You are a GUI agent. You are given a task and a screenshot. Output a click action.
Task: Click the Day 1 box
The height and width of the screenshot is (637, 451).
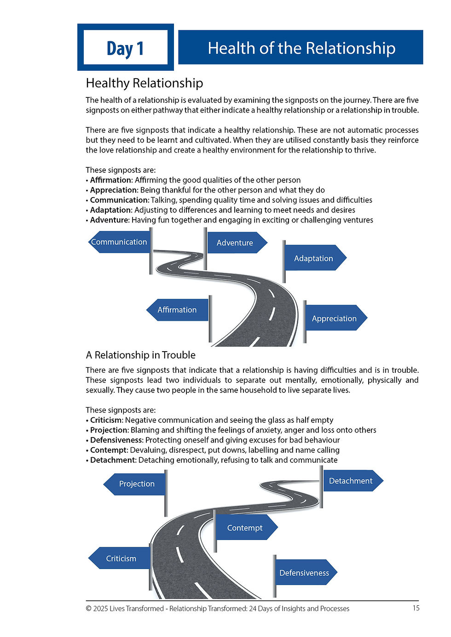125,47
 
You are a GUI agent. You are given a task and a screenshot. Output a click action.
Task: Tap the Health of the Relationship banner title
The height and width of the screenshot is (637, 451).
301,48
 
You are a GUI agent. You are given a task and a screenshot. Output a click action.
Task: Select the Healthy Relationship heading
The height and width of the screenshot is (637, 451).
144,83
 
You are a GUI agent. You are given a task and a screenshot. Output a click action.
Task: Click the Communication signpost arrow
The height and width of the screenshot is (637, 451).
119,242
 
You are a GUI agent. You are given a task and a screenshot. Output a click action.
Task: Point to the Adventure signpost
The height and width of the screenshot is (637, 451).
235,243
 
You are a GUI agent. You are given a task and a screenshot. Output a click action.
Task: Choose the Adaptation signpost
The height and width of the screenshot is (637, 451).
314,258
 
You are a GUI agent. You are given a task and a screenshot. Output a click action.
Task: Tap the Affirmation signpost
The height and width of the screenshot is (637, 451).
177,310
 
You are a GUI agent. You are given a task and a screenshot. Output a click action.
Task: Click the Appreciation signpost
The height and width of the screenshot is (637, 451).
335,318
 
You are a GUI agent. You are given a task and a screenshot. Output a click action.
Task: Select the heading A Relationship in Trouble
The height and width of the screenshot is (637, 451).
140,355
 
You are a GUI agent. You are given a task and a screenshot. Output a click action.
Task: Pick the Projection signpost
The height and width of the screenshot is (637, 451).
136,484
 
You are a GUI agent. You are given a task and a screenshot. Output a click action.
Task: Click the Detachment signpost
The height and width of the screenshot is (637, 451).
351,481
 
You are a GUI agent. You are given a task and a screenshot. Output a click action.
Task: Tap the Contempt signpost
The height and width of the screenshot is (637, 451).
245,528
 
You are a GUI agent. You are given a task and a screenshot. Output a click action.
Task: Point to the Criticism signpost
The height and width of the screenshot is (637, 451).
121,558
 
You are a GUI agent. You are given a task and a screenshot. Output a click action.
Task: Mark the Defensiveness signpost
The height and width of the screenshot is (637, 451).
304,573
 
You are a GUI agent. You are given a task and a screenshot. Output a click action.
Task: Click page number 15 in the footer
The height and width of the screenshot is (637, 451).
416,608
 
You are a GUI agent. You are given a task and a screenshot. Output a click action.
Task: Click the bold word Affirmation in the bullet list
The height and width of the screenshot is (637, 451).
111,180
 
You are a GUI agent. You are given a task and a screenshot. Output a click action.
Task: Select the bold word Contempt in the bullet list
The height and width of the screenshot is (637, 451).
108,450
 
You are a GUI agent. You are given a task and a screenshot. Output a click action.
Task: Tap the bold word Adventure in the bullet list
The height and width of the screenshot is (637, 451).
109,220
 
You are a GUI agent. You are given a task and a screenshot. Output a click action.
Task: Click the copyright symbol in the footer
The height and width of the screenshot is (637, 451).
89,609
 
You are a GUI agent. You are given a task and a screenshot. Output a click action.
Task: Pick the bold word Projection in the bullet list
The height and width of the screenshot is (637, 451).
109,430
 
